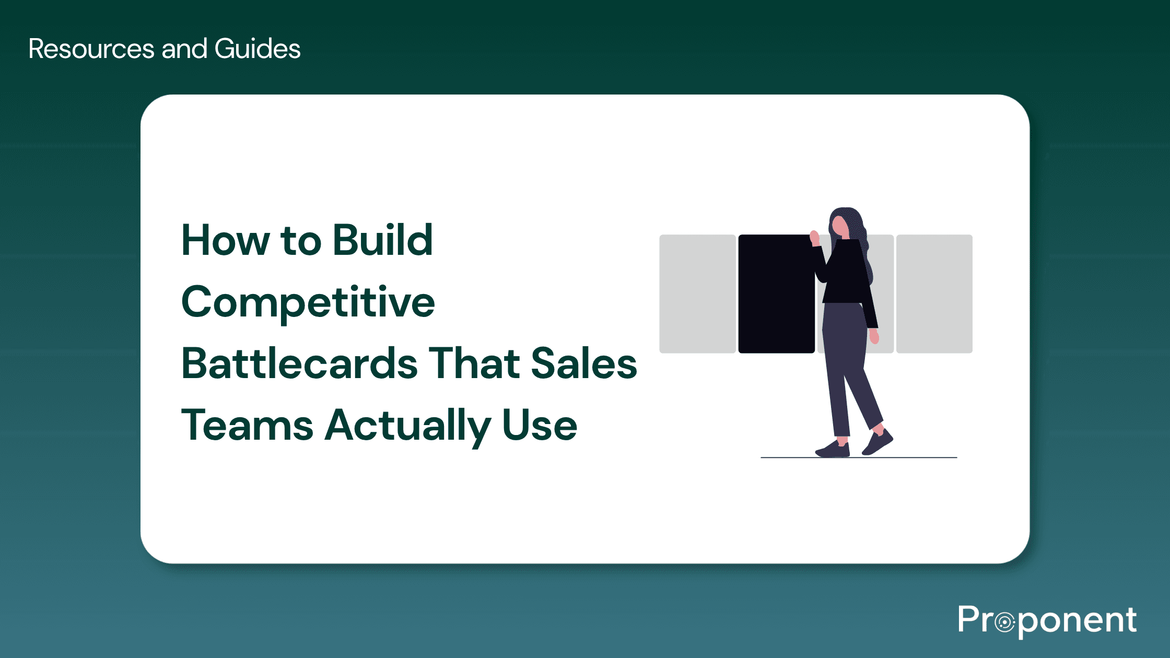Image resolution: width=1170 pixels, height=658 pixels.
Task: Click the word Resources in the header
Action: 91,49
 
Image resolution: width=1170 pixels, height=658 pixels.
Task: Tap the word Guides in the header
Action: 257,49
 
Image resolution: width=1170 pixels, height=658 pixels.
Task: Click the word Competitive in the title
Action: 308,303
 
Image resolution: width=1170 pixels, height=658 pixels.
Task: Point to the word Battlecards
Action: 299,363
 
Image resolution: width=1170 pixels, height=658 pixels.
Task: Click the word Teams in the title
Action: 247,425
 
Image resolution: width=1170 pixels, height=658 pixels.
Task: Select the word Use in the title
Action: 540,425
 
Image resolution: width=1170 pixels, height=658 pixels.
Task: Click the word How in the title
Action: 226,240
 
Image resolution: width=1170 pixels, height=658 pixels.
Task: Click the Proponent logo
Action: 1047,620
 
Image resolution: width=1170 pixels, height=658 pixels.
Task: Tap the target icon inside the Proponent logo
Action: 1004,622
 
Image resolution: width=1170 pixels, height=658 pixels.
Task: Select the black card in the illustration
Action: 776,293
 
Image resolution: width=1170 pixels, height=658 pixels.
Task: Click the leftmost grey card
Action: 697,293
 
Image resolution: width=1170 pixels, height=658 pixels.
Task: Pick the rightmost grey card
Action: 934,293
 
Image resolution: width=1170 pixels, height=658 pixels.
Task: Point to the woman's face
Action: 840,226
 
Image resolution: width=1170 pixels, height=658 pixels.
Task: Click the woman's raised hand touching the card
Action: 814,238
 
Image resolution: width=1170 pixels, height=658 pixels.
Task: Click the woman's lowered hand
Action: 874,336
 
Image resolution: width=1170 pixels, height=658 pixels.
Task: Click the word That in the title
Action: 474,363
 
